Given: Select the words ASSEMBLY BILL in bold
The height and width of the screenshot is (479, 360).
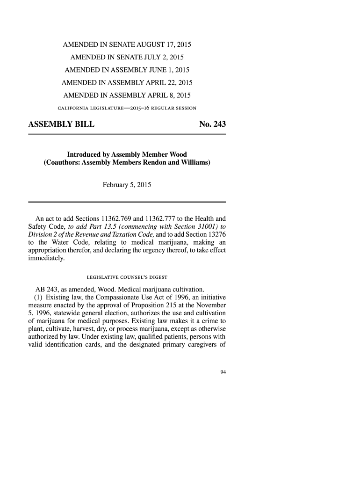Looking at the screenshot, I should click(x=62, y=125).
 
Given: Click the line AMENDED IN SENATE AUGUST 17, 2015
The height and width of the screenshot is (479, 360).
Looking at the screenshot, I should click(x=128, y=46).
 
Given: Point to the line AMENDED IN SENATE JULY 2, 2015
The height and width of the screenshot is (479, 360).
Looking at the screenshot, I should click(x=127, y=58).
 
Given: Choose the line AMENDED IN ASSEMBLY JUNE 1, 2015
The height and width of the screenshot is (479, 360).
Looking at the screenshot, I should click(x=127, y=71).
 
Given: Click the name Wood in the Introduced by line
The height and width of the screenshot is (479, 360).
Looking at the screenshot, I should click(x=178, y=154).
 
